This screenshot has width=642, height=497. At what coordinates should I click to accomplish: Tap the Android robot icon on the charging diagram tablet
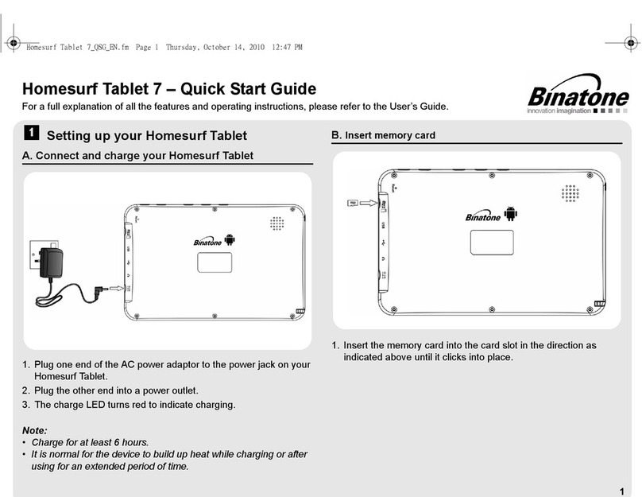coord(230,240)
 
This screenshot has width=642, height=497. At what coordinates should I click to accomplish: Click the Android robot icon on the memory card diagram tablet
coord(511,214)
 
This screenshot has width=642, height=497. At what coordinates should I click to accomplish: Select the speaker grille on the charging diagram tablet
coord(277,223)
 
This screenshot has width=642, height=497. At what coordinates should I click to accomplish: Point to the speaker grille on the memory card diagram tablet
coord(570,193)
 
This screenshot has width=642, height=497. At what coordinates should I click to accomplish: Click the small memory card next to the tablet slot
coord(353,203)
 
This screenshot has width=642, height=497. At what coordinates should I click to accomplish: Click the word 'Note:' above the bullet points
coord(35,430)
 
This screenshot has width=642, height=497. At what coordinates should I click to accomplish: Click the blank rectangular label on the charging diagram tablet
coord(215,262)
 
